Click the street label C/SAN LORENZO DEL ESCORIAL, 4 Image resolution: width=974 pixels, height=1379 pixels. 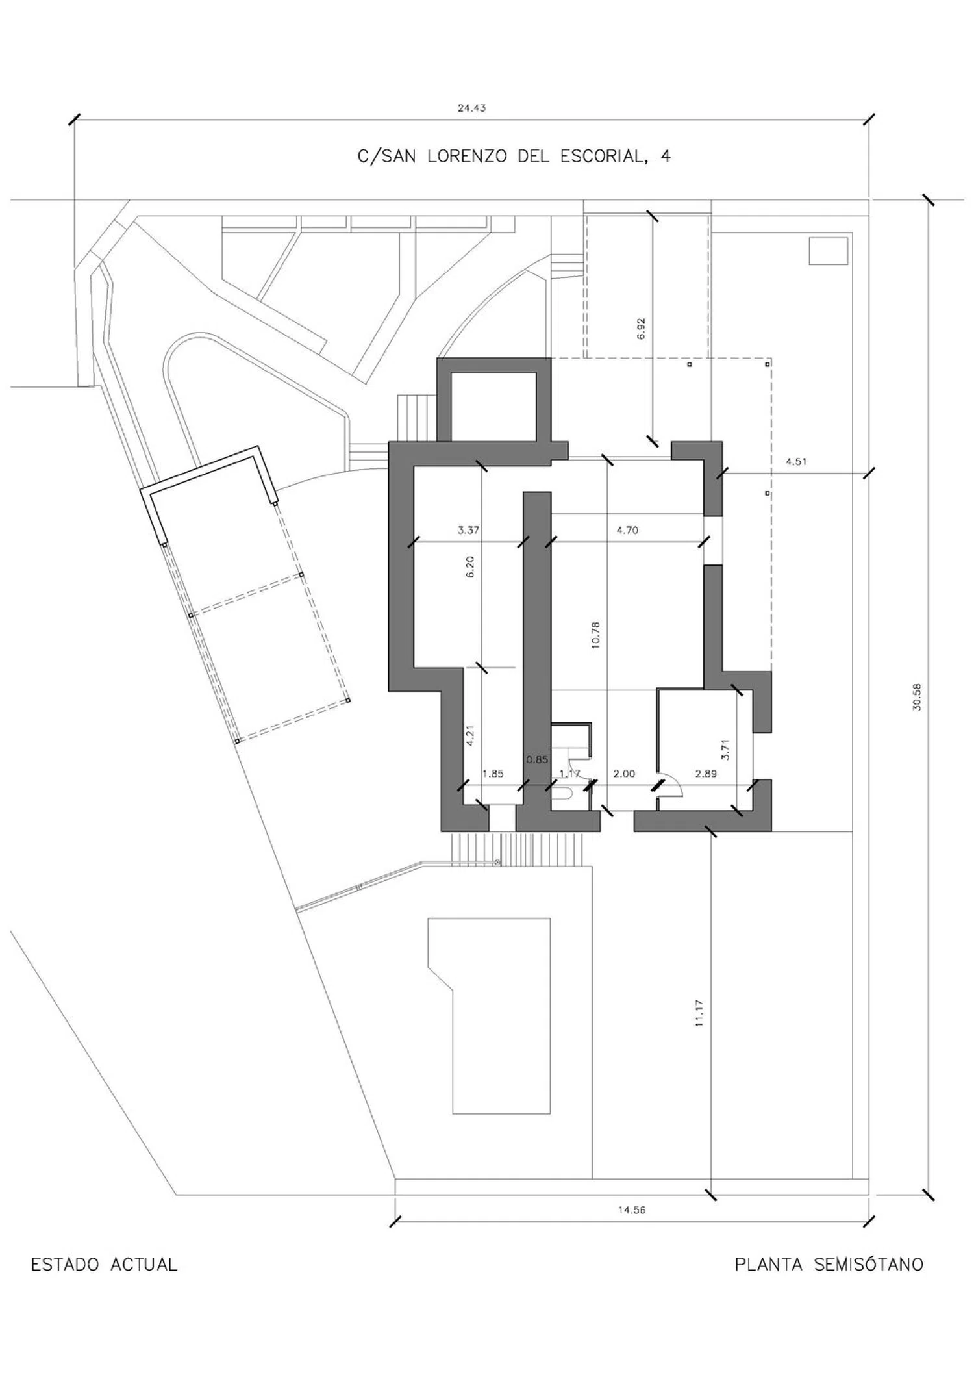514,156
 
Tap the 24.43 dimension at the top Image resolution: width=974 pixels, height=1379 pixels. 471,108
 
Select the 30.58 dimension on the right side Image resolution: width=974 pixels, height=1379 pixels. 916,696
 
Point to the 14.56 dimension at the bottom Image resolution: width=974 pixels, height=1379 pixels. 632,1209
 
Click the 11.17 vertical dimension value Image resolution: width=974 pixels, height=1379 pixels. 699,1013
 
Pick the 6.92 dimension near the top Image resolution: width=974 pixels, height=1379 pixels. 642,328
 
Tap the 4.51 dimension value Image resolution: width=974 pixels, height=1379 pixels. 796,462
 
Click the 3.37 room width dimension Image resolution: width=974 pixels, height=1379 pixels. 468,530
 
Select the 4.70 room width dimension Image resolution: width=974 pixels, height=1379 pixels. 627,530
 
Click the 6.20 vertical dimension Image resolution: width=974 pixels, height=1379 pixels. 470,566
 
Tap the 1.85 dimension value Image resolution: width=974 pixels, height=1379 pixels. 493,774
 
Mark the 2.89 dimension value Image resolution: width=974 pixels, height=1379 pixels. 706,774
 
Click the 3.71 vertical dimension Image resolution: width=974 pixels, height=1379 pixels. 726,750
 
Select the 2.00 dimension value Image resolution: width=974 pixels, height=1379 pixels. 624,774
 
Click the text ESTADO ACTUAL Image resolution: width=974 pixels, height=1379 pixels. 104,1265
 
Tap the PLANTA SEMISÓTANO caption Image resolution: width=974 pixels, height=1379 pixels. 829,1264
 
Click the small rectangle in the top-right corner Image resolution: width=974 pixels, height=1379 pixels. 828,251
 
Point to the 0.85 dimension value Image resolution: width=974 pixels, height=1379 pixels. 537,759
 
